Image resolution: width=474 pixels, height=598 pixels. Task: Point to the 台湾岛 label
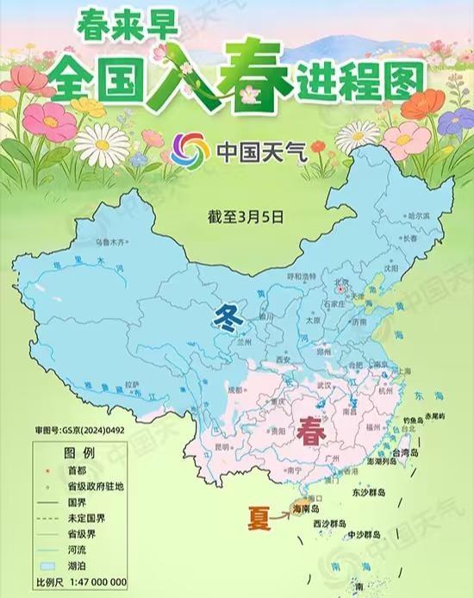[x=406, y=451]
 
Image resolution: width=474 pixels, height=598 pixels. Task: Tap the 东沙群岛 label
[x=370, y=495]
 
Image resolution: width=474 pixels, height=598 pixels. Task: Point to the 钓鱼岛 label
[x=414, y=421]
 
